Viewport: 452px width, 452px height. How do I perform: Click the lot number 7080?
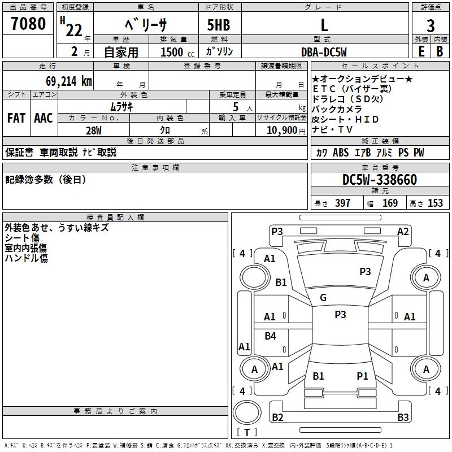coord(28,24)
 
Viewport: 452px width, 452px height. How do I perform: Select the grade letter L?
coord(324,25)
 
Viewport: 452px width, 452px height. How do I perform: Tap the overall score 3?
coord(431,25)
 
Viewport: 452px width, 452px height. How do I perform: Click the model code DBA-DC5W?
coord(324,52)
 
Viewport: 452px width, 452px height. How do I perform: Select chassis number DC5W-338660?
coord(380,180)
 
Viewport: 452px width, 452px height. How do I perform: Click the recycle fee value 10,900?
coord(281,130)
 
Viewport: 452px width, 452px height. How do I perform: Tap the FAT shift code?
coord(16,118)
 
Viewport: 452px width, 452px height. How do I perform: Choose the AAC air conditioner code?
coord(44,118)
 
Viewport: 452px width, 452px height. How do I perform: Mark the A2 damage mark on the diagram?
coord(403,231)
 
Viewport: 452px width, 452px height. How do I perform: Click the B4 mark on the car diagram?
coord(270,336)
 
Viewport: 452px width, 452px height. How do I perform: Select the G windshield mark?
coord(323,298)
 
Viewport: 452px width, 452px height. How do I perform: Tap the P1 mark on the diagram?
coord(362,376)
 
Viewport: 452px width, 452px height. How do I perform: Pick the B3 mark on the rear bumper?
coord(403,418)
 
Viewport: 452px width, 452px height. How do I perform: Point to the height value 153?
coord(434,203)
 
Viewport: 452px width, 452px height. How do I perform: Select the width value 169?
coord(390,203)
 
